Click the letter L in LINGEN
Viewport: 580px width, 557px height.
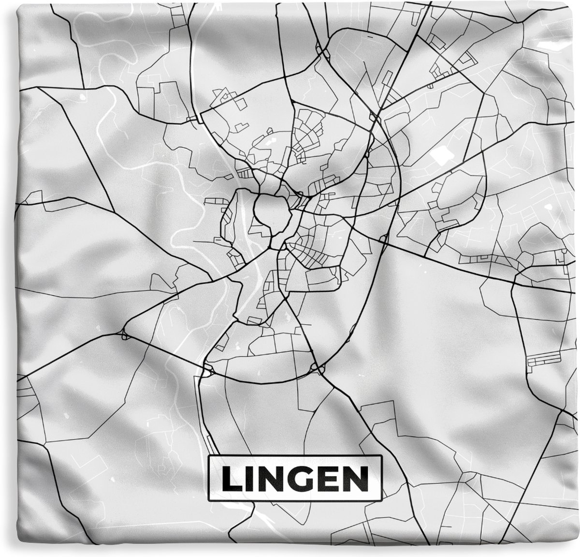pos(232,479)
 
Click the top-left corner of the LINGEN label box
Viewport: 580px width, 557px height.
pos(209,457)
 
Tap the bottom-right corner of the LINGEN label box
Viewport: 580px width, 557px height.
pos(382,500)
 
